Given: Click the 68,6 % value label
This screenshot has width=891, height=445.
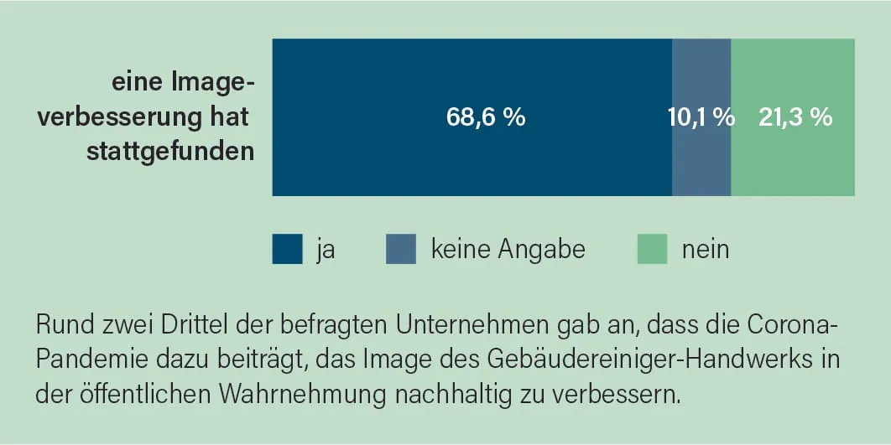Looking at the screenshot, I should pos(486,117).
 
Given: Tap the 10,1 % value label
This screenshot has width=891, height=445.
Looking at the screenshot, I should pos(701,117).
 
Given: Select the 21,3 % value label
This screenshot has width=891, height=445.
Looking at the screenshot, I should pos(795,117).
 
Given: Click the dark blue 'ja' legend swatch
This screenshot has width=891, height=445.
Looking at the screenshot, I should pos(287,249).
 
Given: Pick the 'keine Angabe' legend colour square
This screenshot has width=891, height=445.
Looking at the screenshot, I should pos(401,249).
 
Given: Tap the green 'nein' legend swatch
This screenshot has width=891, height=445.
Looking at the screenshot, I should pos(652,249).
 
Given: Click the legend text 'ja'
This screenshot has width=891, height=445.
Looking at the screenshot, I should pos(326,249).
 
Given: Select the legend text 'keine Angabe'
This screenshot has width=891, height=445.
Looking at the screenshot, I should pos(508,249).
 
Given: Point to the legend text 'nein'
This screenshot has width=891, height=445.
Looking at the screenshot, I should pos(705,249).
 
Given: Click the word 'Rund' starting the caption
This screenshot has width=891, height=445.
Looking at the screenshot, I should pos(60,323).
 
